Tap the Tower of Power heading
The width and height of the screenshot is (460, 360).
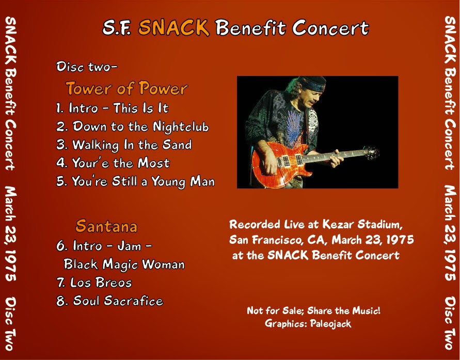click(x=126, y=89)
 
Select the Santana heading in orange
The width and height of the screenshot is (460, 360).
click(x=106, y=226)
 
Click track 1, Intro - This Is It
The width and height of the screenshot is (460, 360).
click(x=113, y=108)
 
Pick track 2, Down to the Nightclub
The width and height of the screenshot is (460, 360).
click(x=133, y=127)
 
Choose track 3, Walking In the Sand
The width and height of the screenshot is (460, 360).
click(x=124, y=145)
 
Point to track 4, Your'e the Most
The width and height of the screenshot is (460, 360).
click(x=113, y=164)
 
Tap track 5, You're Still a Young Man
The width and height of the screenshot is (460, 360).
click(x=135, y=182)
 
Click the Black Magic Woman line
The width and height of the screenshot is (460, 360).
click(x=124, y=264)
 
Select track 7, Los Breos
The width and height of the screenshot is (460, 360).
click(x=94, y=283)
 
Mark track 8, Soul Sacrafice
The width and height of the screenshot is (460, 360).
click(x=109, y=301)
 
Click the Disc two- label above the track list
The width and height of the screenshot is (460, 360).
click(x=87, y=67)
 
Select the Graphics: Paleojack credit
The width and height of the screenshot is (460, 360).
click(x=308, y=324)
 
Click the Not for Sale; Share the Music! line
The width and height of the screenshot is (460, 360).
click(x=313, y=311)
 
